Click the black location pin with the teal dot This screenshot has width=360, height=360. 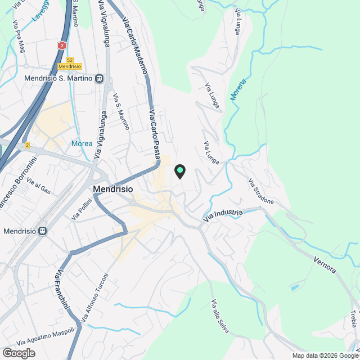pos(180,170)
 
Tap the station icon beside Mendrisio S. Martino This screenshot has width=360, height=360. pos(100,79)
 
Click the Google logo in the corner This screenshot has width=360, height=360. pos(18,353)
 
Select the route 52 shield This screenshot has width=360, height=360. pos(70,60)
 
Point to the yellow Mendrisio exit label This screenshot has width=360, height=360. pos(70,66)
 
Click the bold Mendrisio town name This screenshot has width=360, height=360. pos(112,190)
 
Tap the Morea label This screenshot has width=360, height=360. pos(82,143)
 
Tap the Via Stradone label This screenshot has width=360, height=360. pos(262,191)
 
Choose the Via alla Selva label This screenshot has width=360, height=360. pos(220,316)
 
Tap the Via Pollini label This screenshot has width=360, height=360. pos(82,210)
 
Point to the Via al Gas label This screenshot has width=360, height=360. pos(39,187)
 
